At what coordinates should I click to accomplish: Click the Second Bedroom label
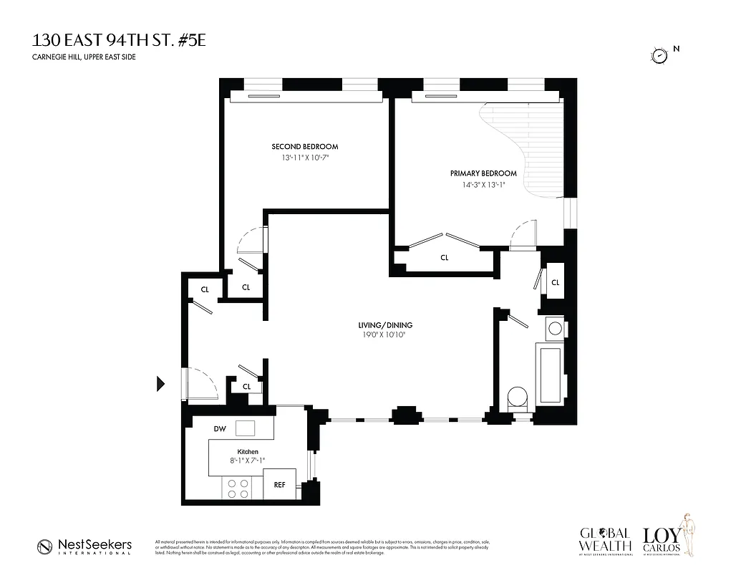click(x=304, y=146)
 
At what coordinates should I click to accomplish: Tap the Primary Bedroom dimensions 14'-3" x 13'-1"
click(x=483, y=185)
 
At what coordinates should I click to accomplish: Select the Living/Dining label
click(x=386, y=325)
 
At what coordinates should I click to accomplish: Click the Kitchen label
click(x=248, y=451)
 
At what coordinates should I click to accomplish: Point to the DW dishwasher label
click(x=220, y=428)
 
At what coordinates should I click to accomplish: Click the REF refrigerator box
click(x=279, y=484)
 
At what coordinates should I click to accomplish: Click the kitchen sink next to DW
click(x=246, y=428)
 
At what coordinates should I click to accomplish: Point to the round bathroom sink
click(x=555, y=329)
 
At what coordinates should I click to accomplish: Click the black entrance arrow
click(x=160, y=385)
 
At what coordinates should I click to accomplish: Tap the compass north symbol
click(x=659, y=54)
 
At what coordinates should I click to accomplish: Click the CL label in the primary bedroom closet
click(x=444, y=258)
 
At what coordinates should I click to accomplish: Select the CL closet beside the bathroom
click(x=555, y=283)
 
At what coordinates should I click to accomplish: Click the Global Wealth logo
click(x=605, y=541)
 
